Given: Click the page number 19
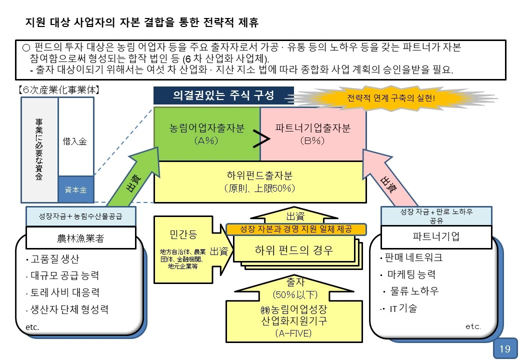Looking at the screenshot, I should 505,349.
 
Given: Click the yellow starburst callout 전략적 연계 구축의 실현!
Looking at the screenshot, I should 391,97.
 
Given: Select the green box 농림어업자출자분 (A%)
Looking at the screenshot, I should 206,133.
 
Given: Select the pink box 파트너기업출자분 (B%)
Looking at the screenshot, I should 313,133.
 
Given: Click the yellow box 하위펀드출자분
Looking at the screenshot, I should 259,181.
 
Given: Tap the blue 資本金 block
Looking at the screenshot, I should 76,189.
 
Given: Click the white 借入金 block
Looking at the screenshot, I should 76,141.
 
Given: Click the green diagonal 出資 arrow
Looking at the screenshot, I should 131,180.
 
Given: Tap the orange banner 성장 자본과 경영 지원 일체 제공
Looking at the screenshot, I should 296,229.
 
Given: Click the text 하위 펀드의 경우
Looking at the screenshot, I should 294,249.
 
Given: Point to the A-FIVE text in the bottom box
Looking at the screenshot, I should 294,333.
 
